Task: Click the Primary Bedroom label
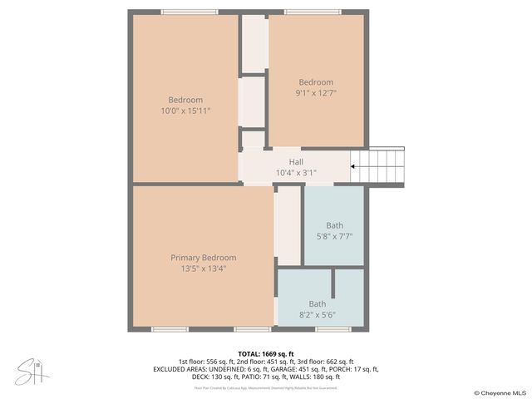[x=203, y=258]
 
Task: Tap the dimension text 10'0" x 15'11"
[x=186, y=111]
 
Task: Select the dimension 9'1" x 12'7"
[x=316, y=93]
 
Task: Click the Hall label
[x=296, y=162]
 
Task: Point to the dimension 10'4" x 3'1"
[x=296, y=173]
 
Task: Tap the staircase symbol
[x=385, y=166]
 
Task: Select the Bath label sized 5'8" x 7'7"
[x=334, y=225]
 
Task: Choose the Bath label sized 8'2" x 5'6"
[x=318, y=304]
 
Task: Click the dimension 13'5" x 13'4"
[x=203, y=268]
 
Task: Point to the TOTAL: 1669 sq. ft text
[x=266, y=353]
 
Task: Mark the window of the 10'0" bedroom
[x=185, y=12]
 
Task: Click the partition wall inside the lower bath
[x=333, y=283]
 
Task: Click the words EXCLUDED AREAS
[x=178, y=369]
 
